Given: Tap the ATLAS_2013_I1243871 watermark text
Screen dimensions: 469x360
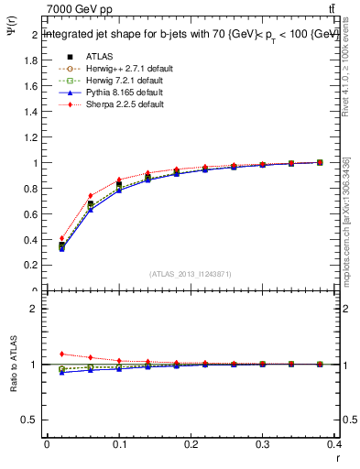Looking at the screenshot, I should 190,274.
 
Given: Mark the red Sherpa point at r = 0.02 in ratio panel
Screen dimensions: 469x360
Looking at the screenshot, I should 61,354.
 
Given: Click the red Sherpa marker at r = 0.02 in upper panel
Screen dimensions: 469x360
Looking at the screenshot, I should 61,238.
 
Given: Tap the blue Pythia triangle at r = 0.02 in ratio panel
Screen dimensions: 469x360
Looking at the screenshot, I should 61,372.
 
